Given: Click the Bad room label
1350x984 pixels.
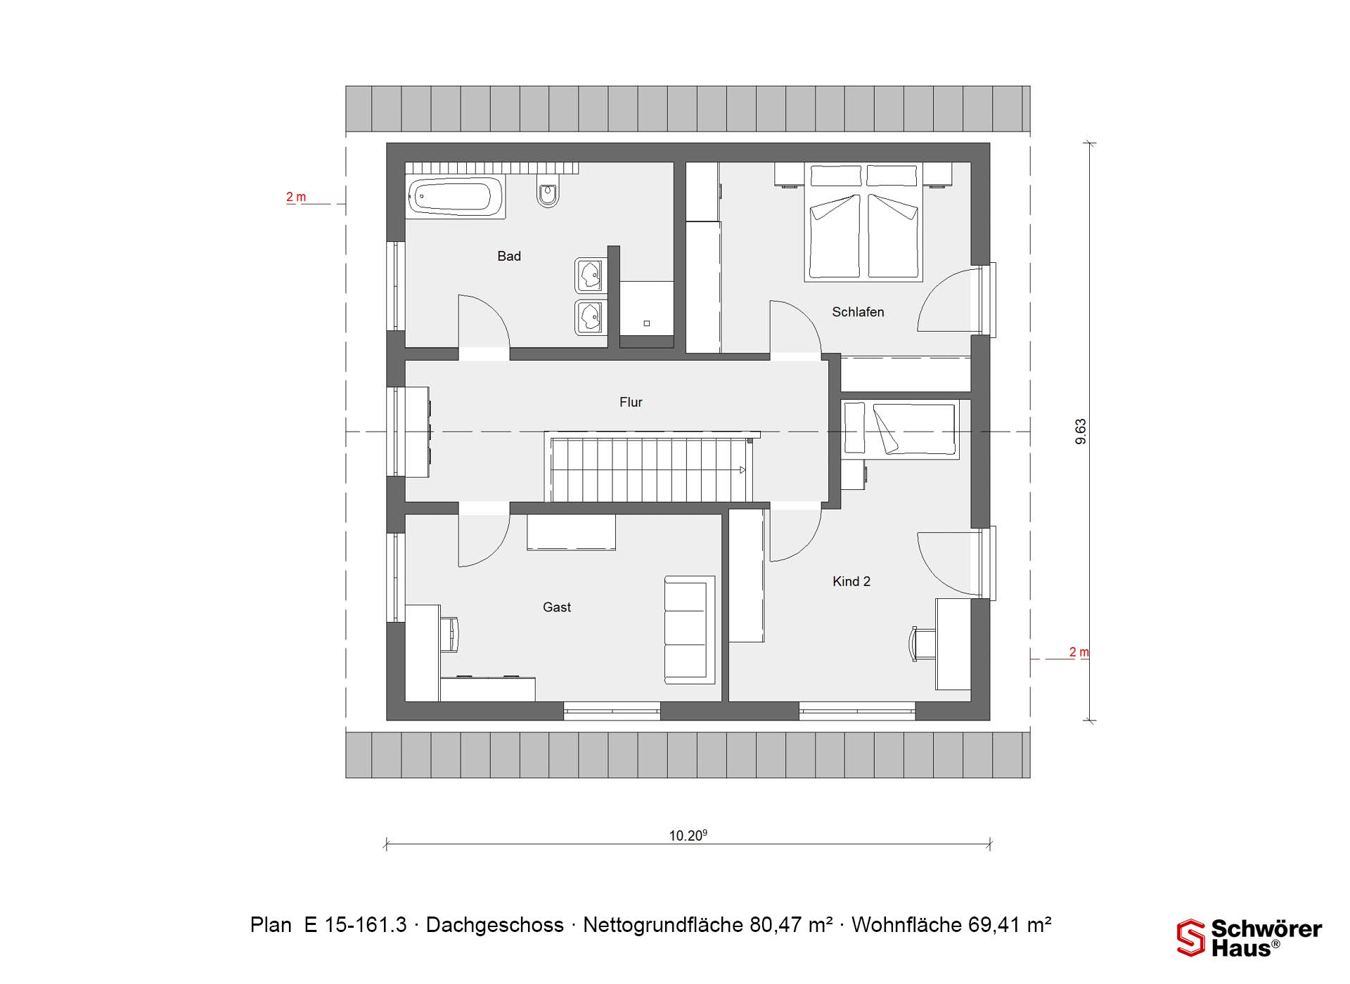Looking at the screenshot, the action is point(509,257).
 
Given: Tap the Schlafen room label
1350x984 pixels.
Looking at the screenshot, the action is point(858,312).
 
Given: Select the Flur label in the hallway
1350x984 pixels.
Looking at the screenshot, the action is point(631,402).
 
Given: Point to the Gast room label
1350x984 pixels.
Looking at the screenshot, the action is point(557,607).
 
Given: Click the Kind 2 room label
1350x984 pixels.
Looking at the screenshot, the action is point(851,581).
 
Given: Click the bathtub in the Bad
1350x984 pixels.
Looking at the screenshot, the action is point(456,197).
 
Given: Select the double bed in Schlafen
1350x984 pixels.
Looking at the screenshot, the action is point(863,222).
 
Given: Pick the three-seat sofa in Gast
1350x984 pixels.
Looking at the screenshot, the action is point(690,630).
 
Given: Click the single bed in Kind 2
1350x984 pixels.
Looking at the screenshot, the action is point(901,429).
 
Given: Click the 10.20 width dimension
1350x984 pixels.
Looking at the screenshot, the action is point(688,836).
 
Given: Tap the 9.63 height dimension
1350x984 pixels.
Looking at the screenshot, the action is point(1081,432).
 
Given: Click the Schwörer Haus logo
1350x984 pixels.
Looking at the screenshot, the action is point(1249,938).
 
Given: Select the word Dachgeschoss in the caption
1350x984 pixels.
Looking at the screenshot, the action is point(495,925).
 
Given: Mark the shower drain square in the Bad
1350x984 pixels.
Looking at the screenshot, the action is point(647,323).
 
